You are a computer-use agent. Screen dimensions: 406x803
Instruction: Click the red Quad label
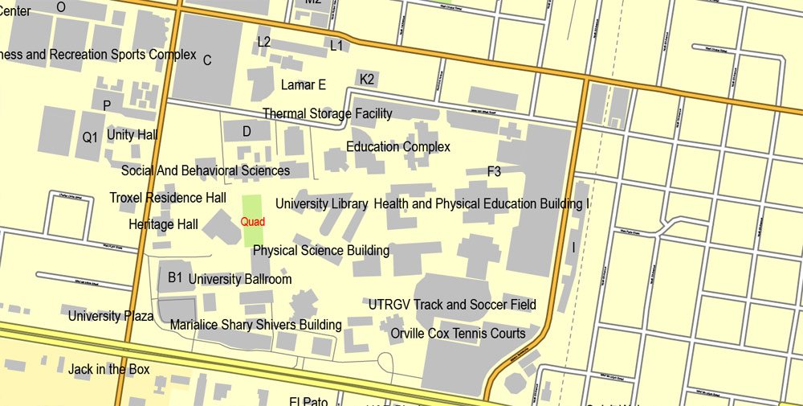tap(253, 221)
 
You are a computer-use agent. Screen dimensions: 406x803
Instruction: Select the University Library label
tap(322, 204)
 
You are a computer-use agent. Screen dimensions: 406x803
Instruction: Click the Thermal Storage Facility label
tap(328, 114)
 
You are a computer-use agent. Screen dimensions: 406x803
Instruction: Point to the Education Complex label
tap(398, 147)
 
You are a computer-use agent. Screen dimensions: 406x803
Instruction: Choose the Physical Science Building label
tap(321, 251)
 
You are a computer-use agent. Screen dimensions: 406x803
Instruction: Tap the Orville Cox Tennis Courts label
tap(458, 334)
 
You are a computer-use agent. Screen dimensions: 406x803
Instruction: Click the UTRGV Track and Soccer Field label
tap(452, 305)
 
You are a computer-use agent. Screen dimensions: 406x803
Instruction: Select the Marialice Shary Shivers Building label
tap(255, 325)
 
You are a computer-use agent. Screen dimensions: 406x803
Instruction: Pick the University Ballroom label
tap(240, 279)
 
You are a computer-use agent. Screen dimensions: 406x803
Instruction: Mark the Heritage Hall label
tap(163, 224)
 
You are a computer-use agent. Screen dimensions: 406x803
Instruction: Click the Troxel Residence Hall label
tap(168, 198)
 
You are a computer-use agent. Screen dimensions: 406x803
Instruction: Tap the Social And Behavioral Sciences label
tap(206, 170)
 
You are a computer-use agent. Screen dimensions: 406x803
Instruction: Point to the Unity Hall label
tap(132, 135)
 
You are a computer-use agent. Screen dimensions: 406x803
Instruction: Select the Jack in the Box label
tap(109, 370)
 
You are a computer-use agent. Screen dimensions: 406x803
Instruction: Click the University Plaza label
tap(111, 316)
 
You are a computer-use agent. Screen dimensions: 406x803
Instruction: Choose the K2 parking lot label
tap(367, 79)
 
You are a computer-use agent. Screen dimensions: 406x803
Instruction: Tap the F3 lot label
tap(494, 171)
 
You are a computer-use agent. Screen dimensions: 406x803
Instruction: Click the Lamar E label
tap(304, 84)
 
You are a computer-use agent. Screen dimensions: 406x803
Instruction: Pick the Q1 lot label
tap(90, 137)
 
